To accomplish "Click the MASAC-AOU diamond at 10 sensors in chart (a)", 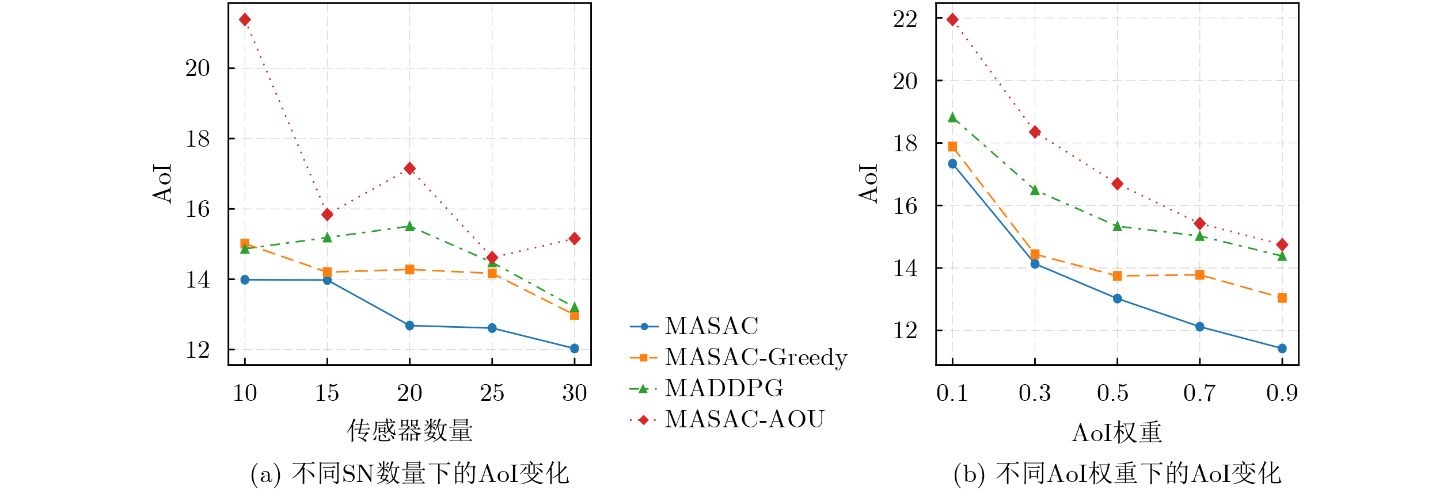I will coord(245,20).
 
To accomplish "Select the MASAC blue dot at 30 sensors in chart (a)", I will coord(574,349).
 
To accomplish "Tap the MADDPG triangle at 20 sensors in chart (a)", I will coord(410,226).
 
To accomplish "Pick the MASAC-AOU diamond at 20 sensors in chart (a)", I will coord(410,169).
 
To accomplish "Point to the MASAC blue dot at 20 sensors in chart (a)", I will coord(410,326).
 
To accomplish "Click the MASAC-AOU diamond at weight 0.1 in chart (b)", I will coord(952,20).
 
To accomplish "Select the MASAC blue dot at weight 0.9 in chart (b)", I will coord(1282,349).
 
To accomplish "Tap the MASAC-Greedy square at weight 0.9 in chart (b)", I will coord(1282,298).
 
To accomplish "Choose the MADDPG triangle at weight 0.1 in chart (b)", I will coord(952,118).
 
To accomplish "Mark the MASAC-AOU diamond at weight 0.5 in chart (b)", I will coord(1117,184).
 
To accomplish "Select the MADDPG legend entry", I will coord(723,389).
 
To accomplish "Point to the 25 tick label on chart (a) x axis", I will coord(492,393).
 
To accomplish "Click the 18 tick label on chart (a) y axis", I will coord(197,139).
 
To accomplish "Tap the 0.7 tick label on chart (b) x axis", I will coord(1199,393).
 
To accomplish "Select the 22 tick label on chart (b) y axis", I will coord(905,20).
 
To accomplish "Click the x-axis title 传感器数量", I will coord(409,431).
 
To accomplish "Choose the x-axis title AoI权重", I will coord(1117,432).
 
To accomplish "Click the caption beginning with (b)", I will coord(1117,474).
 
